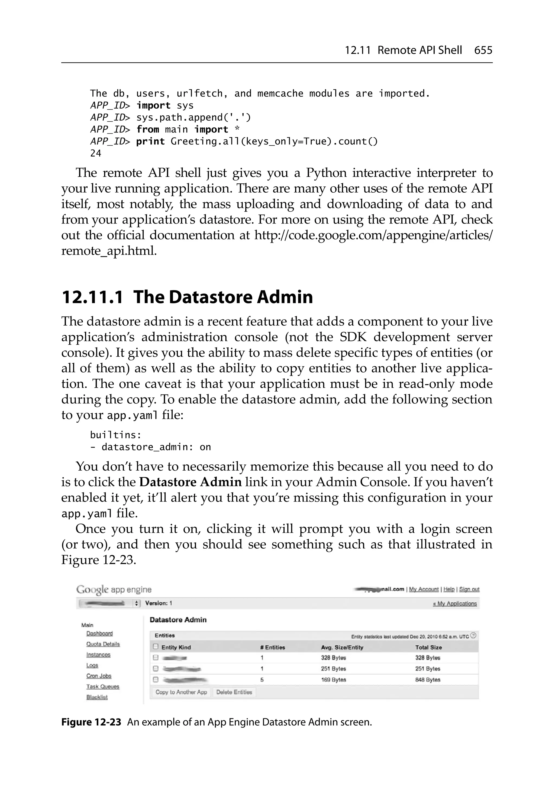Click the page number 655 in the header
(x=483, y=50)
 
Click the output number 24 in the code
(x=96, y=153)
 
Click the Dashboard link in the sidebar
(x=99, y=633)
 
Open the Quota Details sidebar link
(x=103, y=644)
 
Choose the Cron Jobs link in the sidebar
(x=99, y=676)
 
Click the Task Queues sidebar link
(x=103, y=687)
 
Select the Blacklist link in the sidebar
(x=97, y=697)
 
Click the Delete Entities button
(x=234, y=692)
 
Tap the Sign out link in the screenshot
(x=469, y=589)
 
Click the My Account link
(x=424, y=589)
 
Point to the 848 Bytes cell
(x=428, y=680)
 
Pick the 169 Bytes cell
(x=333, y=680)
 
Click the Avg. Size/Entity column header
(x=342, y=647)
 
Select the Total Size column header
(x=428, y=647)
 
